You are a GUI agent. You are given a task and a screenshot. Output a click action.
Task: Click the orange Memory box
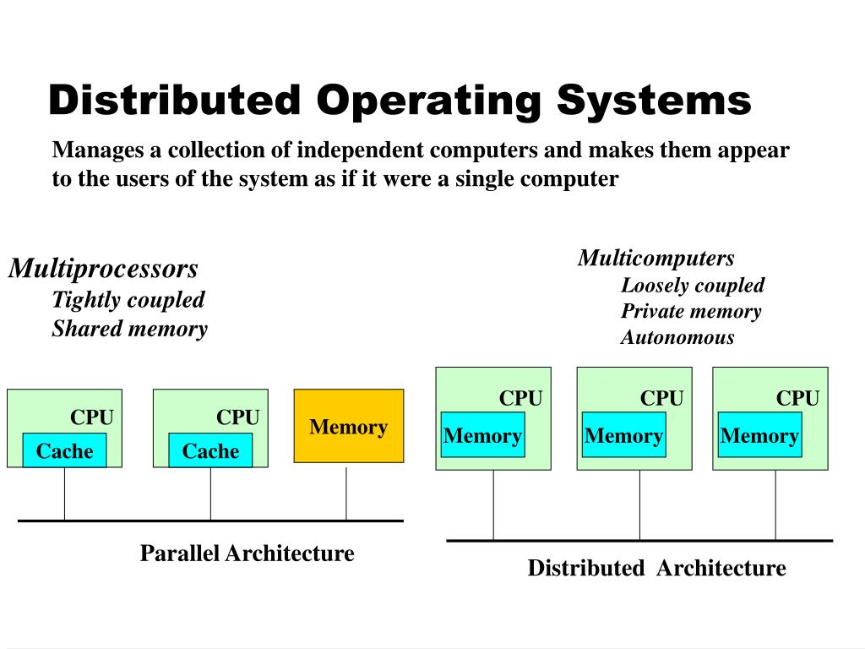click(348, 426)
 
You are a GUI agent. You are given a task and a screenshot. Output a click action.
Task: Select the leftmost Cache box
click(64, 451)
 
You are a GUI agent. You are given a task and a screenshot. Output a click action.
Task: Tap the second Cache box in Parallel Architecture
click(210, 451)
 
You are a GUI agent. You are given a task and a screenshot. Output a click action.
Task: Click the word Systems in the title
click(653, 101)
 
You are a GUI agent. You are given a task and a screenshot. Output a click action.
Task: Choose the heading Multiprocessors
click(103, 269)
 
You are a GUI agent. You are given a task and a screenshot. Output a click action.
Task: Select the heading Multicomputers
click(656, 258)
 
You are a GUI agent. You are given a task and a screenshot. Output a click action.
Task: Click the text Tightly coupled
click(128, 300)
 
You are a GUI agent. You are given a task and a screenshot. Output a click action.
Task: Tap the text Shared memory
click(129, 329)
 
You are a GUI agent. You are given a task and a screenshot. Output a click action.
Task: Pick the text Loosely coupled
click(692, 285)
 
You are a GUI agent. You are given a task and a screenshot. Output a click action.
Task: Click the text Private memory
click(690, 311)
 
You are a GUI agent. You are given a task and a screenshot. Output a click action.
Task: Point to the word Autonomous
click(677, 338)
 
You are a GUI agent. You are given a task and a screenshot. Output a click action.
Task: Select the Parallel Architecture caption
click(247, 554)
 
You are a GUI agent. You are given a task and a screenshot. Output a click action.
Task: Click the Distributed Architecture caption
click(656, 568)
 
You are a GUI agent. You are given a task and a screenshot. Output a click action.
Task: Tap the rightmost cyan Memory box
click(759, 436)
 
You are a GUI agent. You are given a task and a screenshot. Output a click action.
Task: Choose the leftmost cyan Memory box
click(483, 436)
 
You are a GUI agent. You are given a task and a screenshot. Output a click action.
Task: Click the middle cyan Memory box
click(623, 436)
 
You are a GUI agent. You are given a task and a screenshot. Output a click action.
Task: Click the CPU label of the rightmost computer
click(797, 398)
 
